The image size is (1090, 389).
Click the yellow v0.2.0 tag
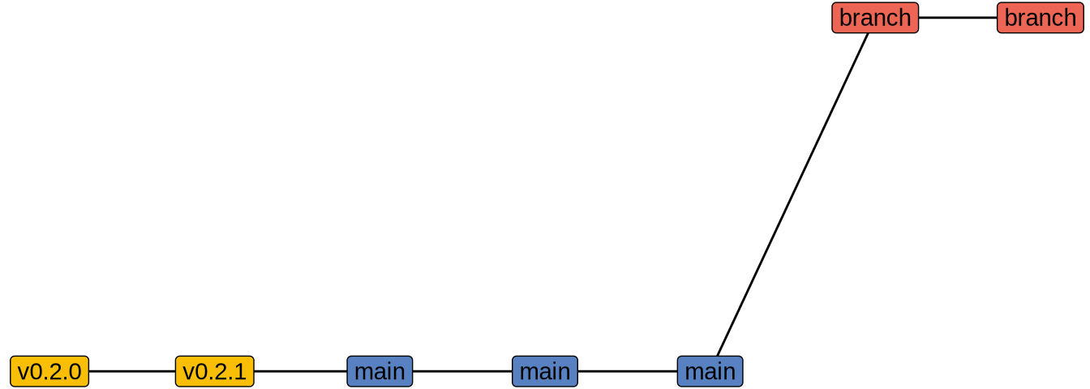(49, 371)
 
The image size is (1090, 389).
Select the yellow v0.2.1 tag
(215, 371)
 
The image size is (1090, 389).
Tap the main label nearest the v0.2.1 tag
(380, 371)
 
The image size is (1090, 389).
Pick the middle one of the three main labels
(545, 371)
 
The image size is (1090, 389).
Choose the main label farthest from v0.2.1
(710, 371)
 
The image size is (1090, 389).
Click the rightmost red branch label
(1040, 18)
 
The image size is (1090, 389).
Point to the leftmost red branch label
(875, 18)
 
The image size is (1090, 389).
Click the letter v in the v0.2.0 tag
(24, 372)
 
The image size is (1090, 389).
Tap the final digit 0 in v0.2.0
(75, 371)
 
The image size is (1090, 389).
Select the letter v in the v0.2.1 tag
(189, 372)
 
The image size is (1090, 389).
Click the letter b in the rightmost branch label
(1011, 18)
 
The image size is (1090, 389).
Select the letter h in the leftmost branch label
(904, 18)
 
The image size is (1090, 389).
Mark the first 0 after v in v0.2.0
(36, 371)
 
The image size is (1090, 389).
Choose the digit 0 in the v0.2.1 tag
(202, 371)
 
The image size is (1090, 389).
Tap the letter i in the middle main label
(556, 371)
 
